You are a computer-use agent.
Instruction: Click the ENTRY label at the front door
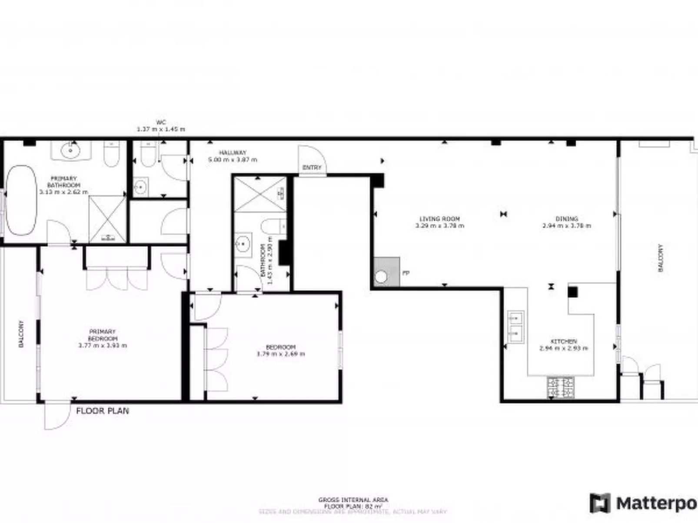312,168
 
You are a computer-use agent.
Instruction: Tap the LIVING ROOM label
439,219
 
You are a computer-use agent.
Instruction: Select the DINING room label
566,219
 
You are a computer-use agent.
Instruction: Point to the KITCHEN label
564,342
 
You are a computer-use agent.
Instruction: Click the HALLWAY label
233,153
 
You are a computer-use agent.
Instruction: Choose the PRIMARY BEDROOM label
103,335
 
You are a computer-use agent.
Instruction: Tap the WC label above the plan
161,122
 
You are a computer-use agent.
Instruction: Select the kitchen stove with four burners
561,386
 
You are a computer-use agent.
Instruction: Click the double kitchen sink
516,327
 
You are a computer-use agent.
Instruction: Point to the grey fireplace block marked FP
386,272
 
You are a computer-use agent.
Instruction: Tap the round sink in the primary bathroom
70,151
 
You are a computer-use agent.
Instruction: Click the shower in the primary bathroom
107,219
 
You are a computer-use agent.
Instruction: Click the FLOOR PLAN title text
103,411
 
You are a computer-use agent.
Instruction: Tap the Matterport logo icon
599,503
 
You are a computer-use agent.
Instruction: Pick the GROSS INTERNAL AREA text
353,500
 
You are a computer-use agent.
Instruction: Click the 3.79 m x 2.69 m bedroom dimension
280,354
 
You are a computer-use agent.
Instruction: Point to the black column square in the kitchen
573,292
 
